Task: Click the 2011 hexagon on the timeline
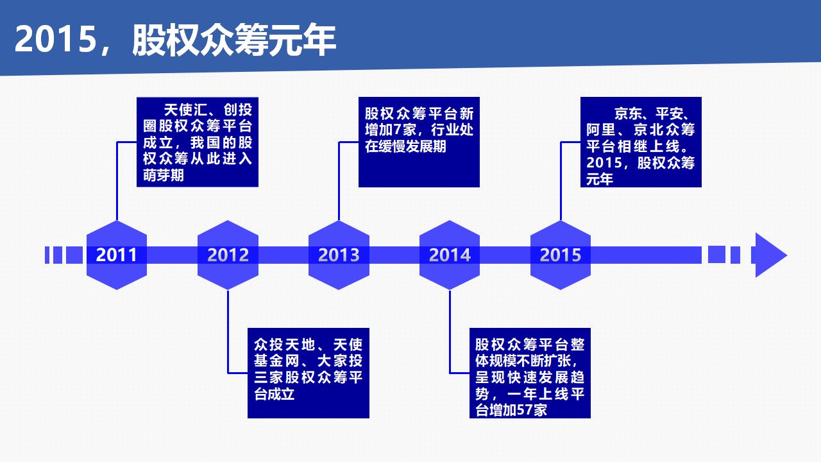117,255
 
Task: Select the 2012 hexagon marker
228,255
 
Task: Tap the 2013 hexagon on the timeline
339,255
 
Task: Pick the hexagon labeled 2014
450,255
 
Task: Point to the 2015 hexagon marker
561,255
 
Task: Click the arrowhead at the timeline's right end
770,255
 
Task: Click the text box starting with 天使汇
198,142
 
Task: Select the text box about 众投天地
309,373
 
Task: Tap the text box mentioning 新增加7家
419,142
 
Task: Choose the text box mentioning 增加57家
530,373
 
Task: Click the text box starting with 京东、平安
641,142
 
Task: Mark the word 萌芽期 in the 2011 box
164,175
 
